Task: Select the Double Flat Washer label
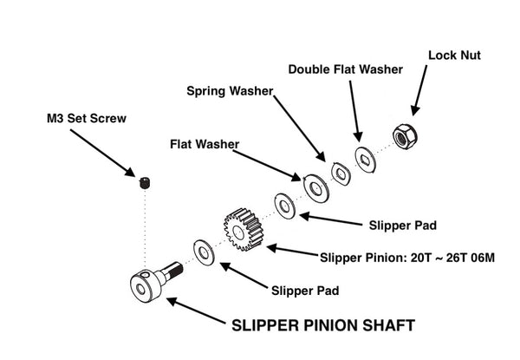coord(345,69)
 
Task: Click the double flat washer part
coord(364,159)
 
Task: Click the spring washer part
coord(340,172)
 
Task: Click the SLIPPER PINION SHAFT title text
coord(323,326)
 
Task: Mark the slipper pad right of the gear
coord(283,206)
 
